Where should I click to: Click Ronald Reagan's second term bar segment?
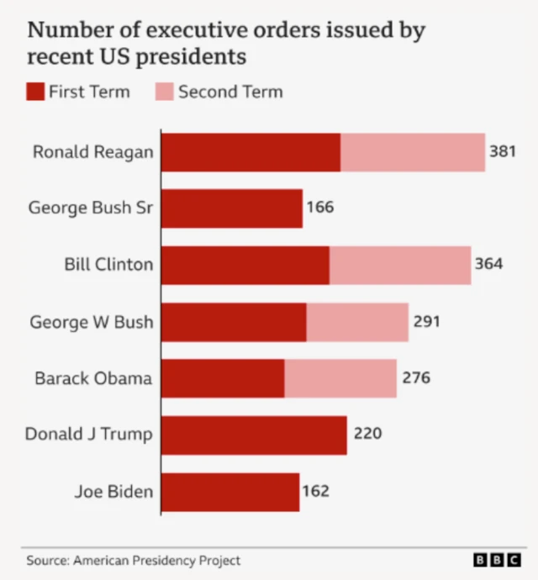413,152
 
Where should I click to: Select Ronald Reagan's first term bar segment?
251,152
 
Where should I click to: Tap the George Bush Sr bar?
231,208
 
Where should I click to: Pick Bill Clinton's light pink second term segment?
400,265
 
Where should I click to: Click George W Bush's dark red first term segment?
234,322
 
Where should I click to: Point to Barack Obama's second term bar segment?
340,378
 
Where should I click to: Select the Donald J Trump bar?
254,435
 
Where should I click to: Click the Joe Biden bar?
229,492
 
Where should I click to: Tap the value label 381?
503,152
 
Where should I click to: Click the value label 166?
320,208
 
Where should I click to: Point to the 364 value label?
488,264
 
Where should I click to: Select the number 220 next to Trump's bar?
367,435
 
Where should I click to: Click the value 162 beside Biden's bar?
316,491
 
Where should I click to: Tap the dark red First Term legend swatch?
35,92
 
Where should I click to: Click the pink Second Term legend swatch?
164,92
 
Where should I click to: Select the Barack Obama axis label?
93,378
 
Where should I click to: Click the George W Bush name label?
92,322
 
